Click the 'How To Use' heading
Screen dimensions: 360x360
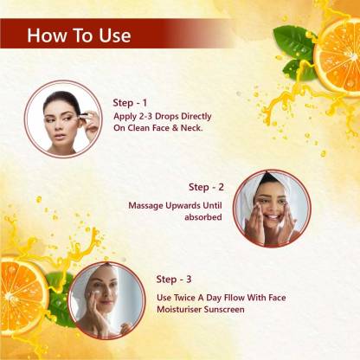pyautogui.click(x=79, y=35)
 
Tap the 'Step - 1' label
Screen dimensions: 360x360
pyautogui.click(x=130, y=103)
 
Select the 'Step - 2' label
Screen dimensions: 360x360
pyautogui.click(x=206, y=187)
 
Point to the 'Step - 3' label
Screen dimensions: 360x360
pyautogui.click(x=174, y=280)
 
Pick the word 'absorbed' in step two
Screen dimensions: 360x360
pyautogui.click(x=203, y=217)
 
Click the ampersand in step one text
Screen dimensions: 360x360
pyautogui.click(x=175, y=128)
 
